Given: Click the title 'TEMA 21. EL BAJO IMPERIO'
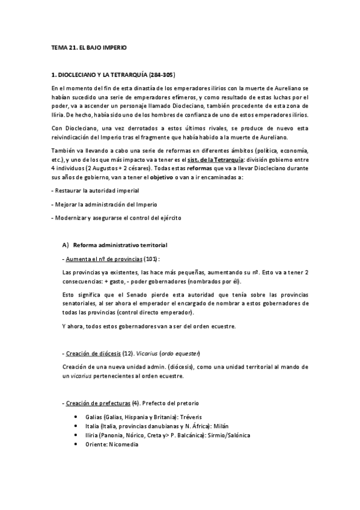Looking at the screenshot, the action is [x=88, y=46].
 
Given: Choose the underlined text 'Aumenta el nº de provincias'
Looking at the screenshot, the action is [x=99, y=259].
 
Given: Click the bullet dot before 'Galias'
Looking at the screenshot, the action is [x=75, y=416].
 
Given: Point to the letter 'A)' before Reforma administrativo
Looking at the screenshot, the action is [x=66, y=246].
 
